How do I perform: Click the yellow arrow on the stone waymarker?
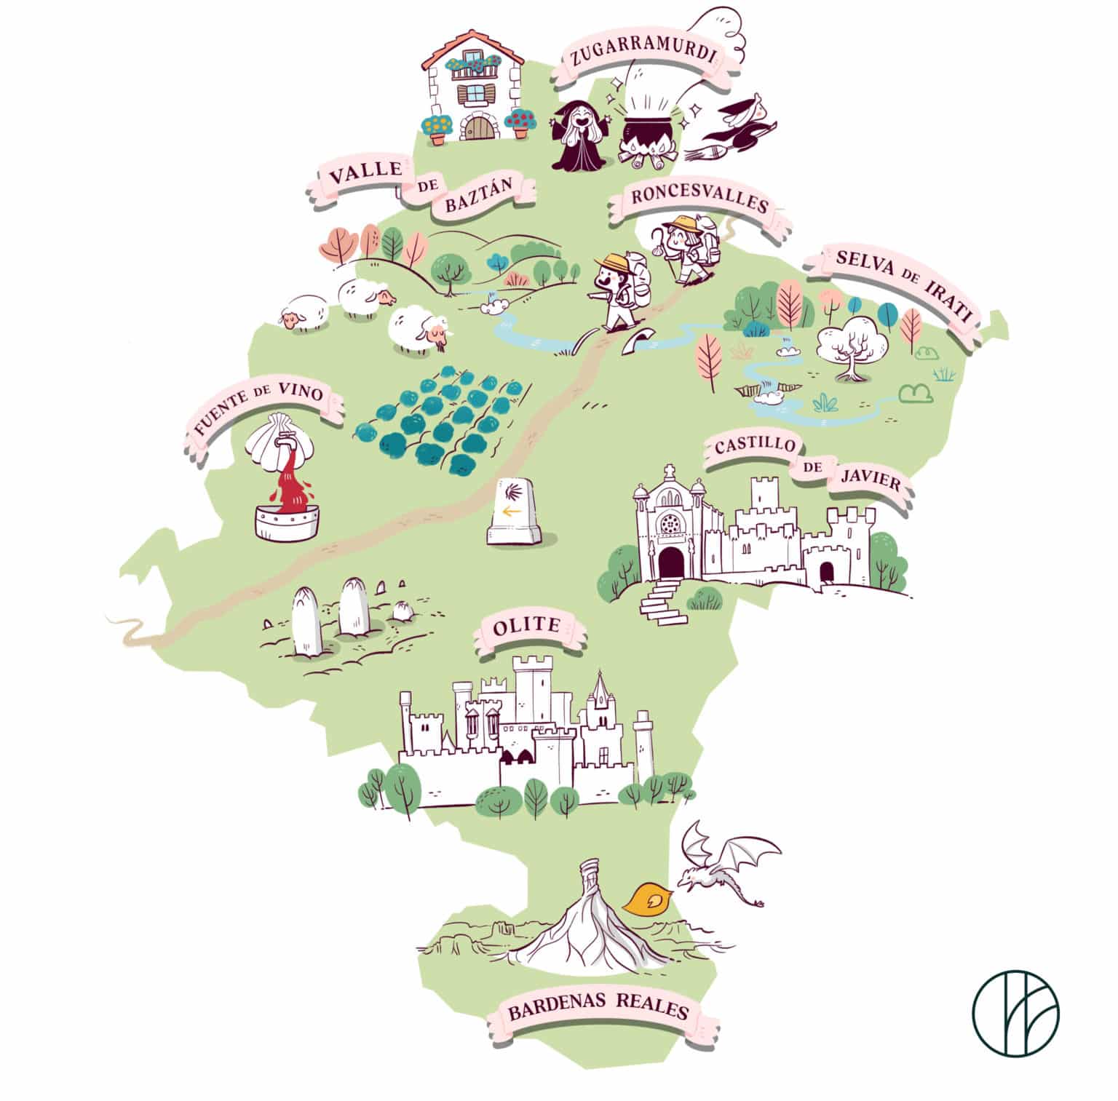click(x=512, y=512)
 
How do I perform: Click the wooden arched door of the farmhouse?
click(x=479, y=129)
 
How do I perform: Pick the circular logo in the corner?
click(x=1015, y=1014)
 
